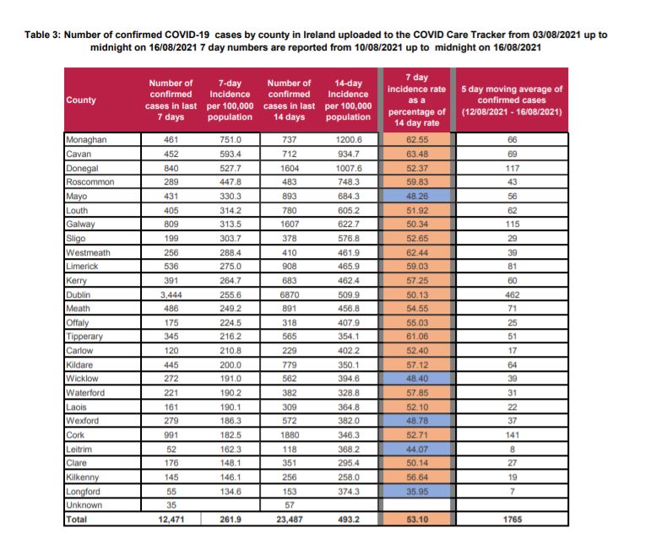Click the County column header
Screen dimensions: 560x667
pyautogui.click(x=81, y=100)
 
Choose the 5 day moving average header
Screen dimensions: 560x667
pyautogui.click(x=512, y=100)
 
